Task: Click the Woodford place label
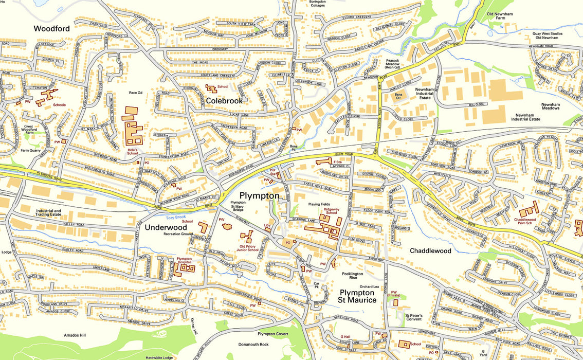coord(51,29)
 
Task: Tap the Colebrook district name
coord(224,101)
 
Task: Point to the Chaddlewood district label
coord(430,251)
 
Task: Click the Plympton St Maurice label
coord(357,296)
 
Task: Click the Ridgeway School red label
coord(329,210)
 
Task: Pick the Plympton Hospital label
coord(184,260)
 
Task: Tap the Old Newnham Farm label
coord(501,16)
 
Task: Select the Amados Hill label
coord(75,335)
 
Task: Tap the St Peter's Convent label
coord(414,317)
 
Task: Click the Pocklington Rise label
coord(360,275)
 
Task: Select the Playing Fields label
coord(319,204)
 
